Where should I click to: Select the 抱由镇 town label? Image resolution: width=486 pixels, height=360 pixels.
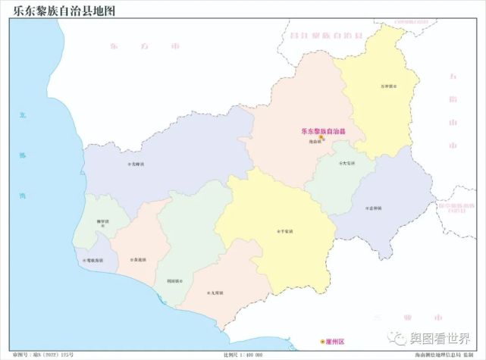[317, 142]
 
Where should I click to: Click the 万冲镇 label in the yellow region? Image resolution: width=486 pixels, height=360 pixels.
[388, 85]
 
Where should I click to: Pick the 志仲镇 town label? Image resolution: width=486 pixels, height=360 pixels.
[373, 207]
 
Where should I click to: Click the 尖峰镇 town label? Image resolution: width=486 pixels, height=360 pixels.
[135, 163]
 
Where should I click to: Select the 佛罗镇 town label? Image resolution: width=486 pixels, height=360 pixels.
[103, 221]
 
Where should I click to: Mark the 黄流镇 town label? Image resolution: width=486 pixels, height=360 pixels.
[139, 259]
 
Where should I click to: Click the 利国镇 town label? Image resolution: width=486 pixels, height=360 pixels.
[173, 280]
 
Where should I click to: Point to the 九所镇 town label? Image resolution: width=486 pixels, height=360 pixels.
[215, 293]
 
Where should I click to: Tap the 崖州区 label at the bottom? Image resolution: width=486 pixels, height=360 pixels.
[334, 342]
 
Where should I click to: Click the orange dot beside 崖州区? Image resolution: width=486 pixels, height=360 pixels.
[321, 342]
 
